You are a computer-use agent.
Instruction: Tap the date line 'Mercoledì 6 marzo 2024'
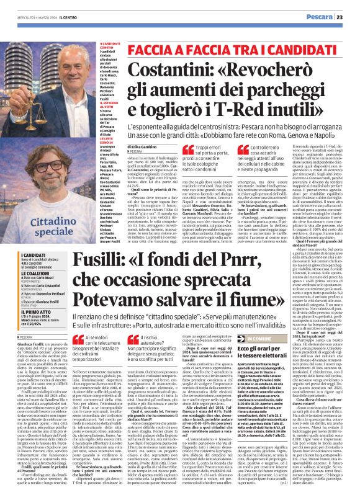(x=26, y=17)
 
